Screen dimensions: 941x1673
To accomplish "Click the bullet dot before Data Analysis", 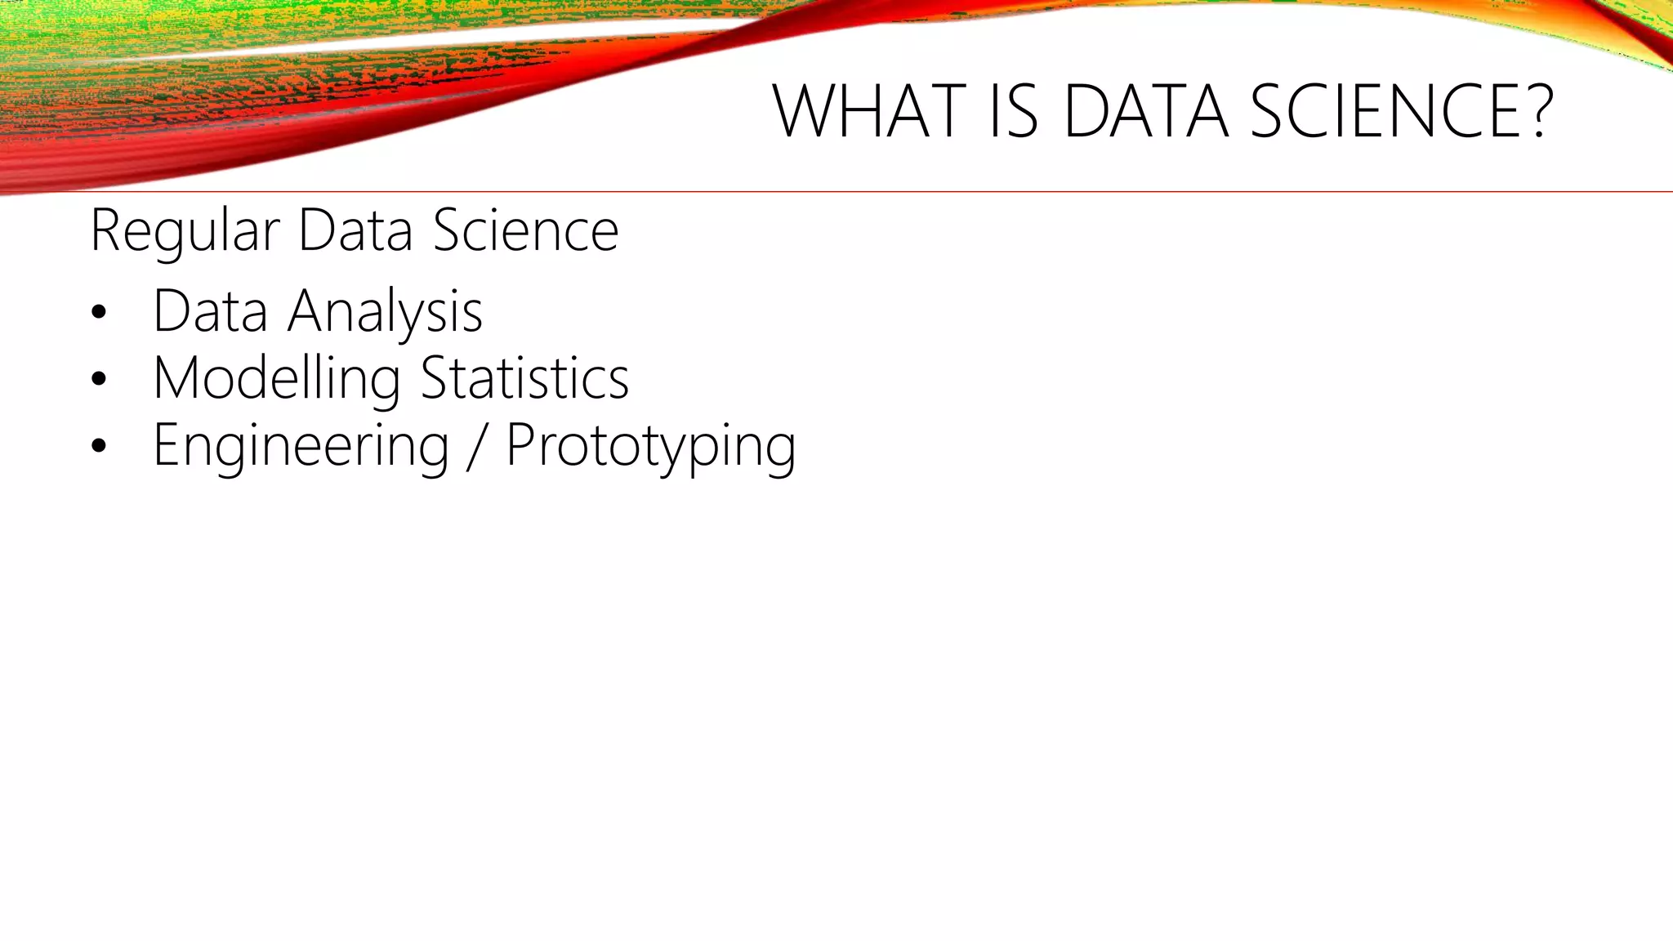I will tap(100, 312).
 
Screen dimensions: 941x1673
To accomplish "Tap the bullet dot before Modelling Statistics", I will tap(100, 379).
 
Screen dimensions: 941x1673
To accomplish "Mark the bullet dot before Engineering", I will tap(100, 446).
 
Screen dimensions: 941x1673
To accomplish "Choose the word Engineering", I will tap(301, 447).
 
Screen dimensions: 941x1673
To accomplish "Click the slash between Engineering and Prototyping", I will tap(477, 446).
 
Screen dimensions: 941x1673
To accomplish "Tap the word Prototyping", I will tap(650, 447).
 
